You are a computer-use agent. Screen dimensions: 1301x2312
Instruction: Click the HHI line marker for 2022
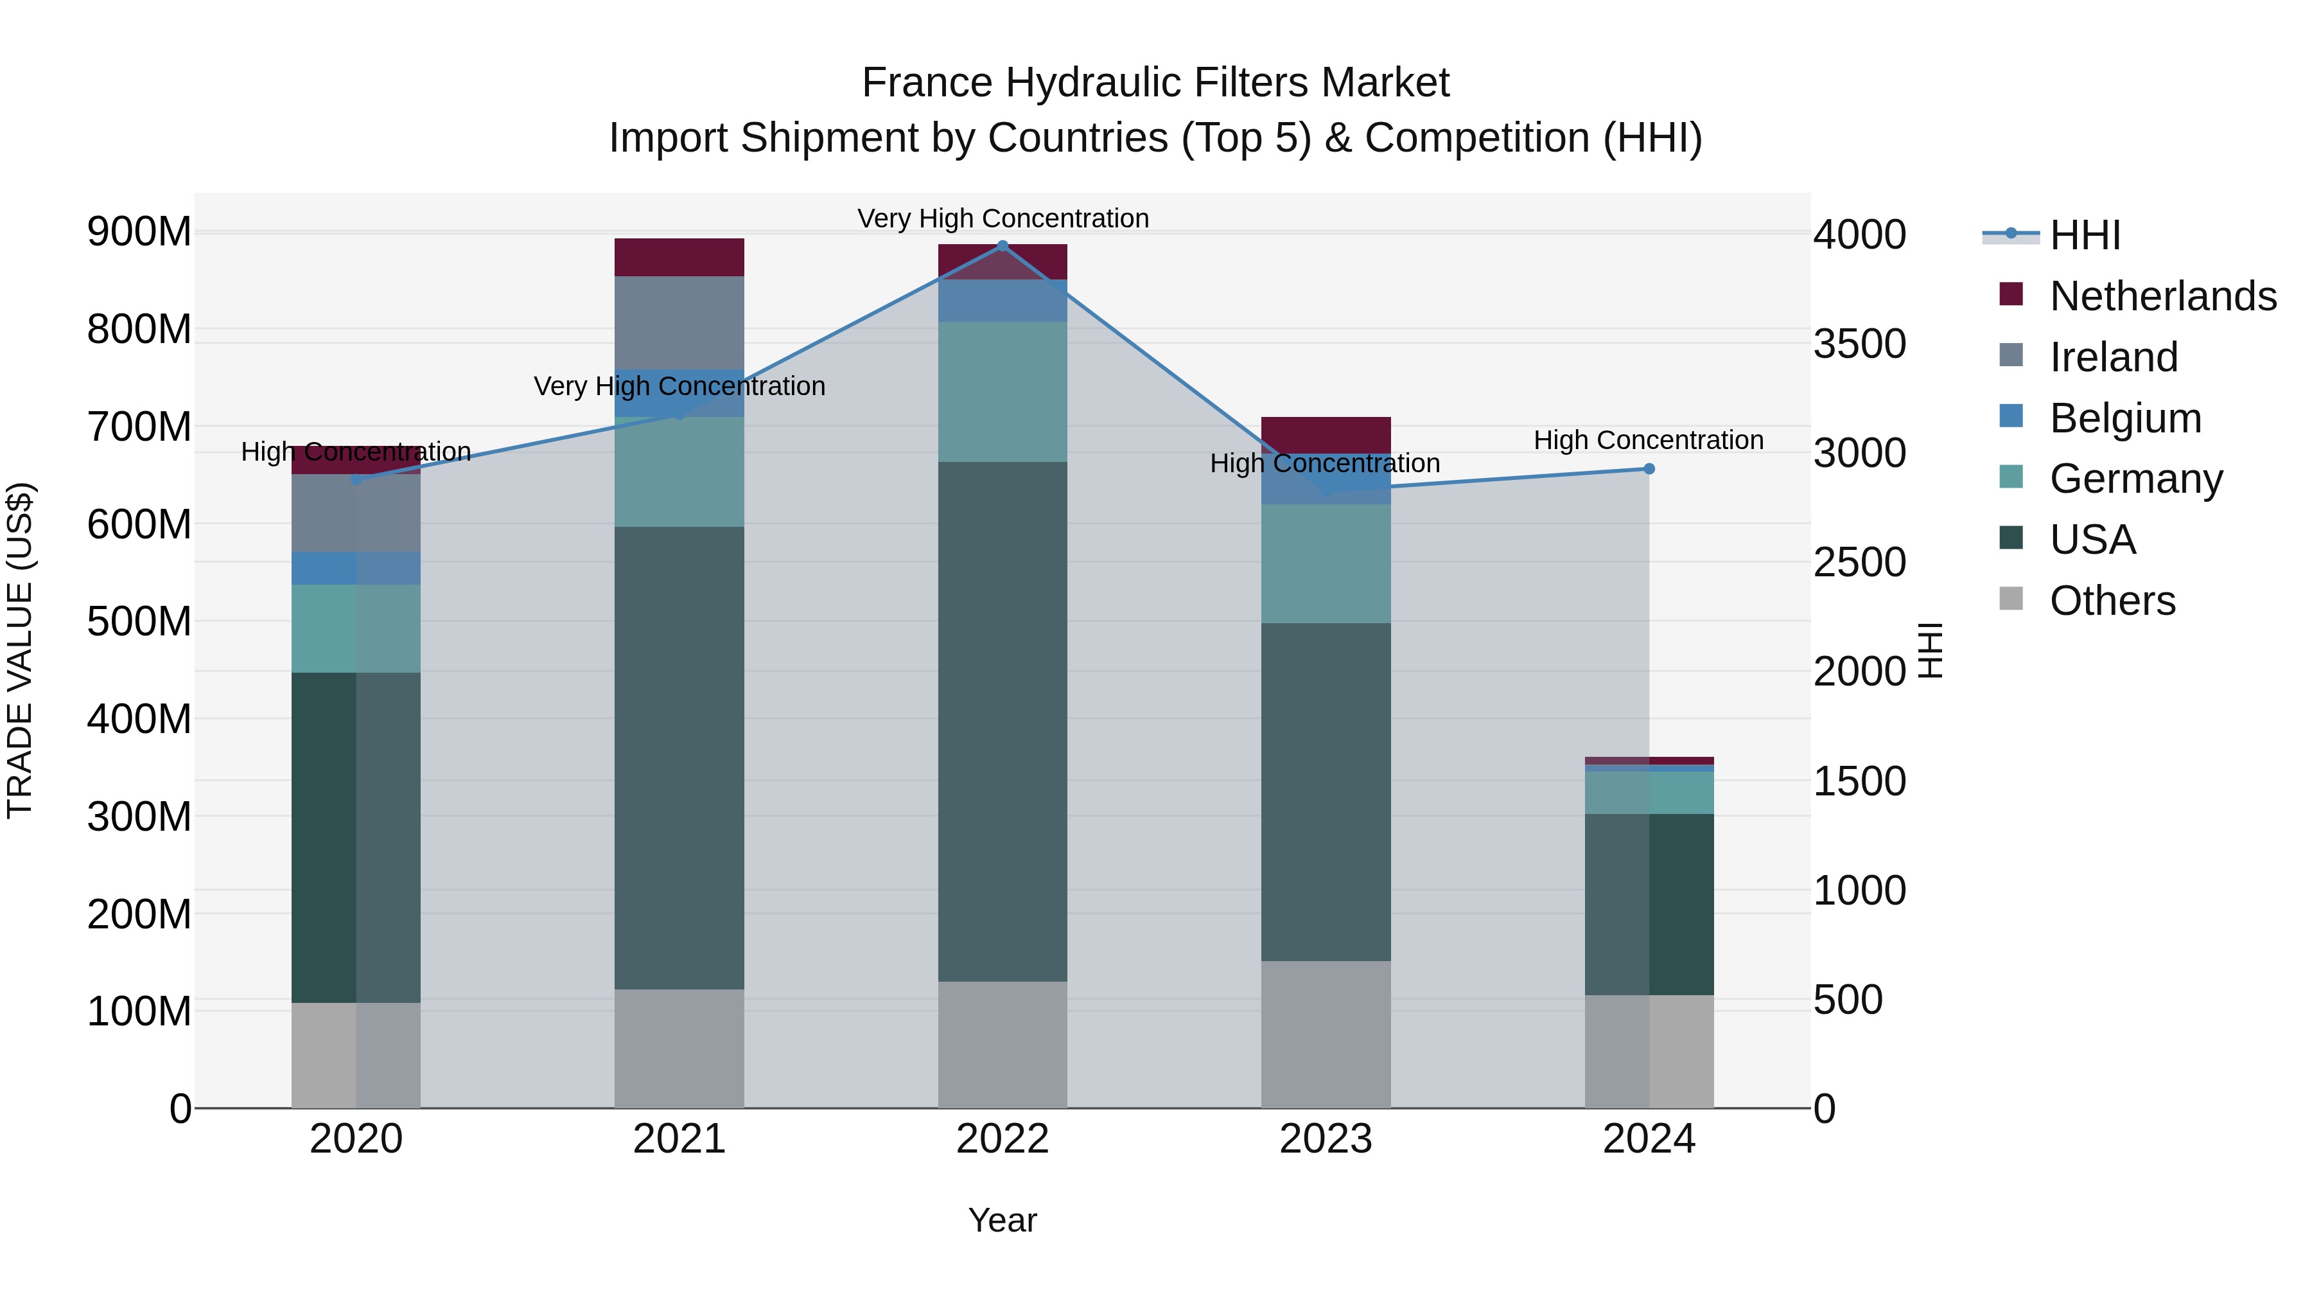pyautogui.click(x=1003, y=246)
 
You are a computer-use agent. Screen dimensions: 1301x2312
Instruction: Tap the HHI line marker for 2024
pyautogui.click(x=1649, y=469)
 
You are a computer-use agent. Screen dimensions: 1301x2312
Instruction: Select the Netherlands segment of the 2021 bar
pyautogui.click(x=679, y=258)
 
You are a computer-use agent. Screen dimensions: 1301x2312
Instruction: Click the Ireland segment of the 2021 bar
pyautogui.click(x=679, y=323)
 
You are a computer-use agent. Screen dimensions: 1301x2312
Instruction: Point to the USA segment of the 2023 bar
pyautogui.click(x=1326, y=792)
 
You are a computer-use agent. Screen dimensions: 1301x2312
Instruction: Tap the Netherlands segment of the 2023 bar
pyautogui.click(x=1326, y=434)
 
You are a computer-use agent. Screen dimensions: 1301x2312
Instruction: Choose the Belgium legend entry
pyautogui.click(x=2125, y=418)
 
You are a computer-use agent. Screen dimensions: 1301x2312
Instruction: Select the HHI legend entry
pyautogui.click(x=2084, y=235)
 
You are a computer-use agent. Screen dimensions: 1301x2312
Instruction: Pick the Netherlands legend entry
pyautogui.click(x=2163, y=296)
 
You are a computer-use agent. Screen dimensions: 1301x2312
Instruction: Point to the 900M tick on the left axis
pyautogui.click(x=139, y=233)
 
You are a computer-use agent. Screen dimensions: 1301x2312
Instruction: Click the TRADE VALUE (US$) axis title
pyautogui.click(x=20, y=650)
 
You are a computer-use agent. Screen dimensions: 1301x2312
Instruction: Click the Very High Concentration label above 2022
pyautogui.click(x=1003, y=219)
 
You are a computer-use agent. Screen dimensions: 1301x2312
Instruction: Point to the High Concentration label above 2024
pyautogui.click(x=1648, y=441)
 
